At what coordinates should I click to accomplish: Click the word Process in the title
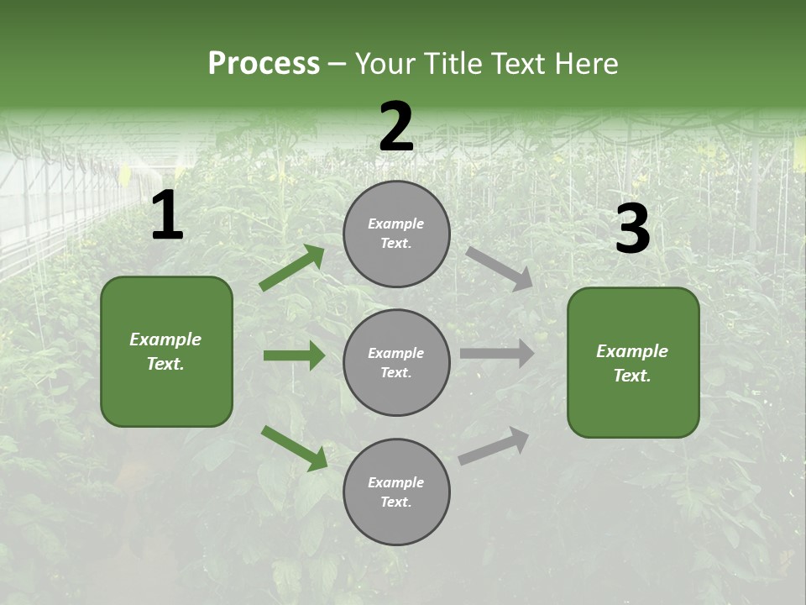(x=264, y=64)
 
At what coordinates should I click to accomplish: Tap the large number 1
(x=167, y=216)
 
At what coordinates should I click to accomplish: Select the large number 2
(x=396, y=127)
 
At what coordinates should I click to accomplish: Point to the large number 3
(x=632, y=229)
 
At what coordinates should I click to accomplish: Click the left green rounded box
(x=166, y=351)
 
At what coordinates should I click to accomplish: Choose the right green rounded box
(x=633, y=363)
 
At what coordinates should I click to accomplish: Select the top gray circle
(x=396, y=234)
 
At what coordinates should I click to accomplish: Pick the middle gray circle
(x=396, y=362)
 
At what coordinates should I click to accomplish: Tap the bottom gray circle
(x=396, y=492)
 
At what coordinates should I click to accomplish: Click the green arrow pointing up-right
(x=292, y=268)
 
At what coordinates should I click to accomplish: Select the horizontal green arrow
(x=294, y=355)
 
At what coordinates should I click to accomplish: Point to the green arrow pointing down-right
(x=294, y=448)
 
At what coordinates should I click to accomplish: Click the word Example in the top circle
(x=396, y=224)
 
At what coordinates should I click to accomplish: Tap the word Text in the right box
(x=631, y=376)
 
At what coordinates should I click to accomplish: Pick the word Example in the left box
(x=165, y=339)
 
